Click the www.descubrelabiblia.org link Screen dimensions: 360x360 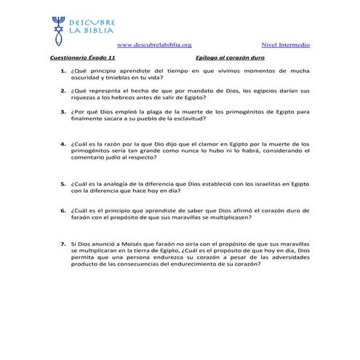pos(154,45)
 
